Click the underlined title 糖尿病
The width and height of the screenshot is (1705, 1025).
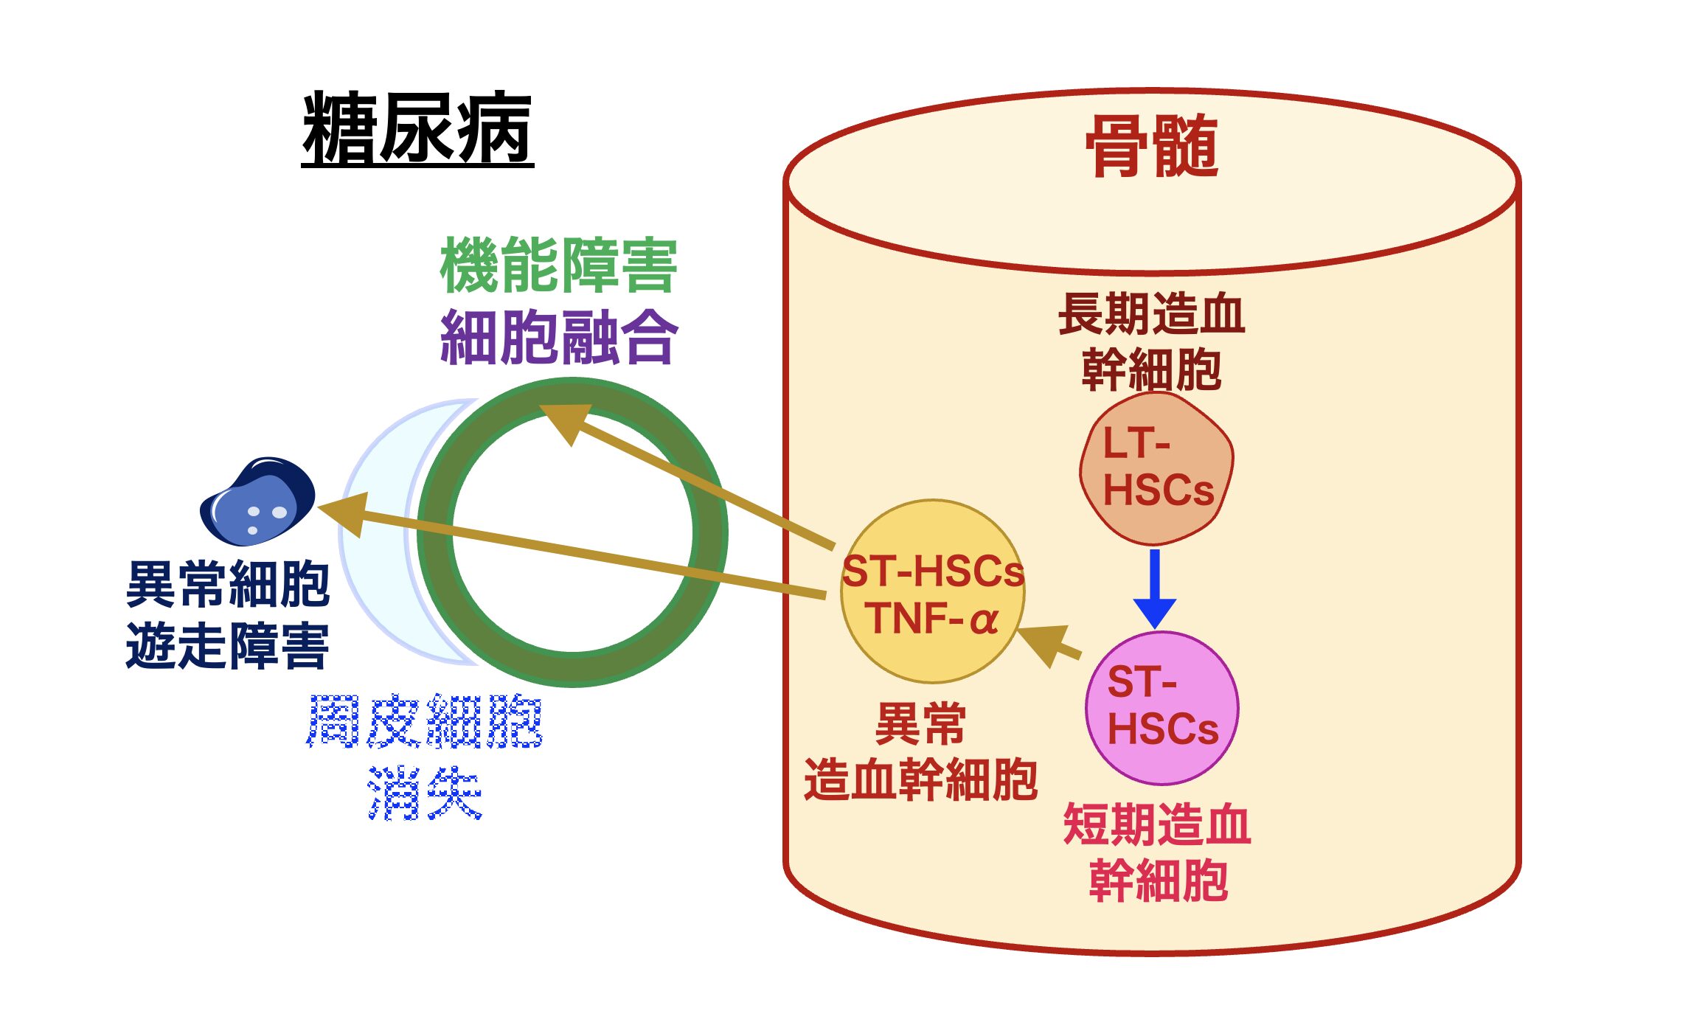(x=417, y=128)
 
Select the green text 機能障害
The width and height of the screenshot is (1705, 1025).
(x=558, y=265)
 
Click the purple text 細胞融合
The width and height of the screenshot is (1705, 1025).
(x=558, y=337)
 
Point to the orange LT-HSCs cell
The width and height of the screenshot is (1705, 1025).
(x=1156, y=468)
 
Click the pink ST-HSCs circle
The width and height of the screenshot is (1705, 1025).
(x=1161, y=707)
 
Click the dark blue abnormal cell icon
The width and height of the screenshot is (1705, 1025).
(x=257, y=501)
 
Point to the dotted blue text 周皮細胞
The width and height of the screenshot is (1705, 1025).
(x=425, y=721)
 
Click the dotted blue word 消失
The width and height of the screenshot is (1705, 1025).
(x=425, y=793)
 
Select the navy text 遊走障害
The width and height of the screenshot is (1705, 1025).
(x=227, y=646)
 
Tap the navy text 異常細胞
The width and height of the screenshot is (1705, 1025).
(x=227, y=584)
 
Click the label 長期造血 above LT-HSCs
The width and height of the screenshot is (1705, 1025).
(x=1151, y=314)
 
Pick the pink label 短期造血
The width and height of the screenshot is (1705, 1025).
(x=1156, y=824)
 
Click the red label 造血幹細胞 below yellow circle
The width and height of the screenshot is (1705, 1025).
(x=921, y=779)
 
